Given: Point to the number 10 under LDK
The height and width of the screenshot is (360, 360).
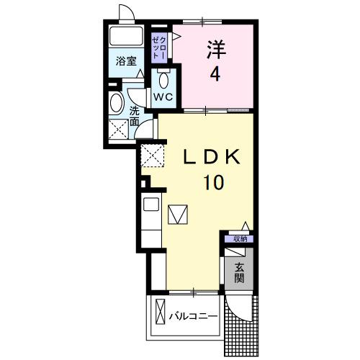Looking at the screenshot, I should point(214,183).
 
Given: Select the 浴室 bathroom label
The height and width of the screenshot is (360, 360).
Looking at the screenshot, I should point(125,62).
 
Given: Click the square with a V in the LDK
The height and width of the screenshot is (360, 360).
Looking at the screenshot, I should point(178,215).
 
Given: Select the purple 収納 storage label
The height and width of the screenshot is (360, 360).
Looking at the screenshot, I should point(238,238).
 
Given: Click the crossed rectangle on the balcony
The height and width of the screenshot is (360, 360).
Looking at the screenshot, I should point(160,315).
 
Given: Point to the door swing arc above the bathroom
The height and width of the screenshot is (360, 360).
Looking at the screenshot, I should point(126,13).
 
